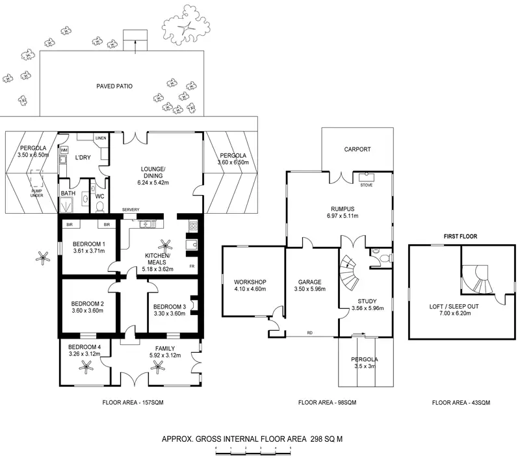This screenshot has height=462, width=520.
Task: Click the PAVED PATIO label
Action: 114,86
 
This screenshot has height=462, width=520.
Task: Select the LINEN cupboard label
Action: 100,138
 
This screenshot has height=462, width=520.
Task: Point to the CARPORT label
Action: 357,149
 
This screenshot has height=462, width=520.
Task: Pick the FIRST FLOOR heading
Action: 460,237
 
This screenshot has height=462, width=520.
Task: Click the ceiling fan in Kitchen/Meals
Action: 167,246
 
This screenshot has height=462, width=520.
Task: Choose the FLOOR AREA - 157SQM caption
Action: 133,403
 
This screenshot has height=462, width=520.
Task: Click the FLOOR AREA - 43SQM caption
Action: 459,403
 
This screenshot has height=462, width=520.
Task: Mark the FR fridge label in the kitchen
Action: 192,266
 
